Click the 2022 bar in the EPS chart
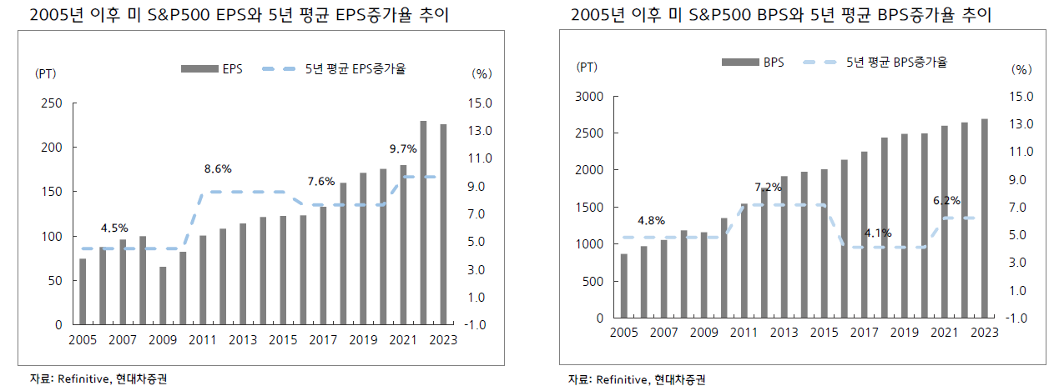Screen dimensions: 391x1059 coord(423,223)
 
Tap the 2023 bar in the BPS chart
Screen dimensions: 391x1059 coord(984,218)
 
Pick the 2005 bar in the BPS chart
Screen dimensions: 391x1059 coord(623,286)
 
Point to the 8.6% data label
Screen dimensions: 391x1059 coord(218,169)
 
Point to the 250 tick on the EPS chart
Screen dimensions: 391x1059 coord(51,103)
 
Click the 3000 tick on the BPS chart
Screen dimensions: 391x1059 coord(589,97)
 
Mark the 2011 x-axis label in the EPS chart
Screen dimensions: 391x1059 coord(203,340)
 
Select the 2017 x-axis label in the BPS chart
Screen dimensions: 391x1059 coord(864,333)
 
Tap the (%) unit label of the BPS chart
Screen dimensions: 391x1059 coord(1021,69)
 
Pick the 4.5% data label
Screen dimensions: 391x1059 coord(114,228)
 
